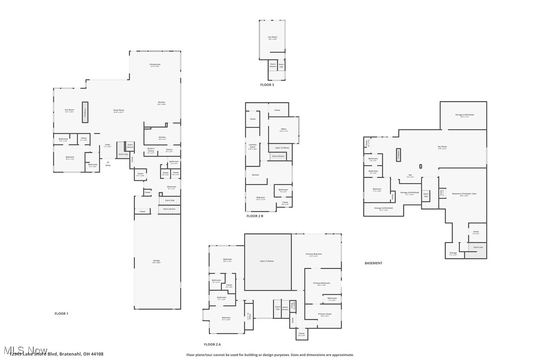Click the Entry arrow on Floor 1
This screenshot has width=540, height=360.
pyautogui.click(x=107, y=162)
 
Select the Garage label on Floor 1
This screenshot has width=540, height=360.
pyautogui.click(x=157, y=261)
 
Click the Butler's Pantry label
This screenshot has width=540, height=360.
pyautogui.click(x=151, y=149)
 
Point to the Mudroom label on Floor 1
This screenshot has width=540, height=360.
pyautogui.click(x=172, y=187)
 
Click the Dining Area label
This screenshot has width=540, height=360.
pyautogui.click(x=155, y=65)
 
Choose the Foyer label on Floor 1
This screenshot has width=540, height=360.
pyautogui.click(x=107, y=146)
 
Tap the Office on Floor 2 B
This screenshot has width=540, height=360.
pyautogui.click(x=283, y=130)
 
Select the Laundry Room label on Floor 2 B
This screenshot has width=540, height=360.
pyautogui.click(x=253, y=146)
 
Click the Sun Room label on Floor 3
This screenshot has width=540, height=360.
pyautogui.click(x=272, y=38)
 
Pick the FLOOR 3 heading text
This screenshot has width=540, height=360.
pyautogui.click(x=267, y=85)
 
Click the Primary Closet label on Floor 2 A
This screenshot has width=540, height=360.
pyautogui.click(x=325, y=314)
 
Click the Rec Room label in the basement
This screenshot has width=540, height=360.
pyautogui.click(x=442, y=147)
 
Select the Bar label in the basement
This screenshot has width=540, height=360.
pyautogui.click(x=410, y=175)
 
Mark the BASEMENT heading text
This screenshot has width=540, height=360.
pyautogui.click(x=373, y=263)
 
